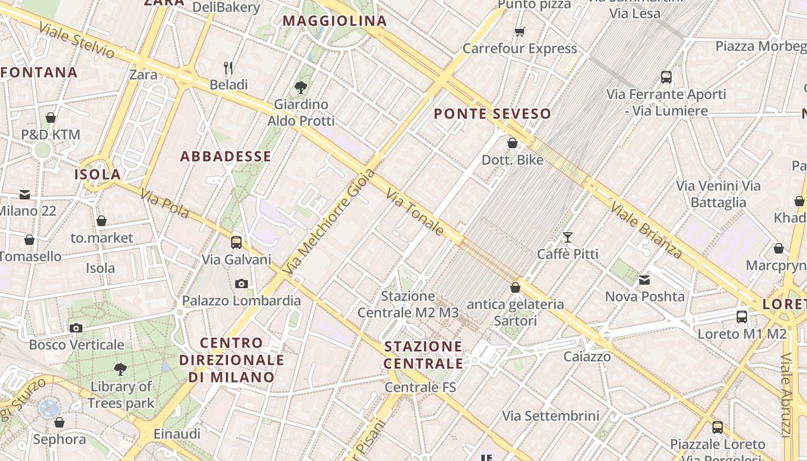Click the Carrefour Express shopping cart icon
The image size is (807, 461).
[x=520, y=32]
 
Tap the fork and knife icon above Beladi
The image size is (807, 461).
[x=228, y=68]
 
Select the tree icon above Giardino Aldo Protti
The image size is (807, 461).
[x=300, y=88]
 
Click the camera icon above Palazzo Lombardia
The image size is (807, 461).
[x=242, y=284]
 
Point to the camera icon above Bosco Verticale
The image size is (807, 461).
[x=76, y=328]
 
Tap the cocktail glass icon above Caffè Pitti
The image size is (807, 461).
[x=568, y=237]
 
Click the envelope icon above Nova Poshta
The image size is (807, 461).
[x=644, y=280]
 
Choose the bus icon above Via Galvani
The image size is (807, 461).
[x=236, y=242]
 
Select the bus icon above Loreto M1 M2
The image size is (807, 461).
[x=742, y=316]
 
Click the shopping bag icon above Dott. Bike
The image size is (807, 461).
[x=512, y=142]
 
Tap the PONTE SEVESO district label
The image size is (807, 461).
[x=492, y=114]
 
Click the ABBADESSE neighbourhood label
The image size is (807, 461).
[x=225, y=156]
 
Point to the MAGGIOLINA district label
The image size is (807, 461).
[x=334, y=21]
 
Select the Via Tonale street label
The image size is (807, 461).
[x=415, y=212]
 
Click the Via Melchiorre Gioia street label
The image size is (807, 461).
[x=329, y=222]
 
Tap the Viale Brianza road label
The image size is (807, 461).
[x=646, y=230]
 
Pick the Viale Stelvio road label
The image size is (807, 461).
[x=77, y=41]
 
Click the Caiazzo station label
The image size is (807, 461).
[x=587, y=357]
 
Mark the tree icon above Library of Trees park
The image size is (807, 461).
[x=120, y=369]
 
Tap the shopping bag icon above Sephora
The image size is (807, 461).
[x=59, y=422]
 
